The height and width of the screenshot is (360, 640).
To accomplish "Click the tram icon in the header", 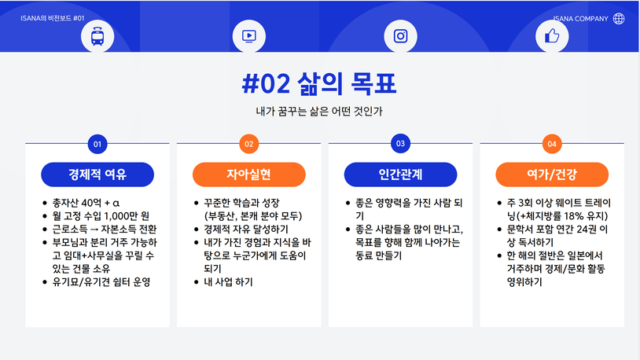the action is coord(97,36).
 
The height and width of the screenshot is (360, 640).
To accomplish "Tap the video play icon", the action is coord(249,36).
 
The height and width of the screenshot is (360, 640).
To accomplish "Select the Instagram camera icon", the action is coord(400,36).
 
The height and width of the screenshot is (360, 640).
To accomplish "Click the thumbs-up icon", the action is coord(552,36).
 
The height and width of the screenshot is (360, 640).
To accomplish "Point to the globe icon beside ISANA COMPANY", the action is coord(619,18).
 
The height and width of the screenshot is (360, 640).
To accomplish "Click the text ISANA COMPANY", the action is coord(580,19).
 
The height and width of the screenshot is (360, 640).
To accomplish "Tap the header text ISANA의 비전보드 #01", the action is coord(52,18).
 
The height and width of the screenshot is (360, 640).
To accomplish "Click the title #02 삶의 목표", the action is coord(319,83).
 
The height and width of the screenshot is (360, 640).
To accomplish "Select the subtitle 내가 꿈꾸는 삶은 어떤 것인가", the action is coord(319,111).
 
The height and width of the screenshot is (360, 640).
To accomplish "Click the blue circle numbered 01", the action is coord(97,144).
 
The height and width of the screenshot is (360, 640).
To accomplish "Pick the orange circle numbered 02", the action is coord(249,144).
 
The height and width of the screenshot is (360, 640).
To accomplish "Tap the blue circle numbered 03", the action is coord(400,144).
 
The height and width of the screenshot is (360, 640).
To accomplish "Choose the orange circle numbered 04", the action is coord(552,144).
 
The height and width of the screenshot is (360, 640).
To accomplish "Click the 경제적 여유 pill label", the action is coord(97,174).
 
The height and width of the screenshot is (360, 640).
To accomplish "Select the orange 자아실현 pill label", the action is coord(249,174).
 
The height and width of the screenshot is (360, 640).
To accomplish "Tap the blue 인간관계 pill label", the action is coord(400,174).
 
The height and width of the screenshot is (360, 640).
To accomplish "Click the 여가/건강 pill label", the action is coord(552,174).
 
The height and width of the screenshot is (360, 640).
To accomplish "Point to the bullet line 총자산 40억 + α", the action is coord(86,203).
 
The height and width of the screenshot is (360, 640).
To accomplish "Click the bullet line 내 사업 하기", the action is coord(228,282).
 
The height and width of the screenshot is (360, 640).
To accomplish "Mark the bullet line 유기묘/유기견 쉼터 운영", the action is coord(101,282).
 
